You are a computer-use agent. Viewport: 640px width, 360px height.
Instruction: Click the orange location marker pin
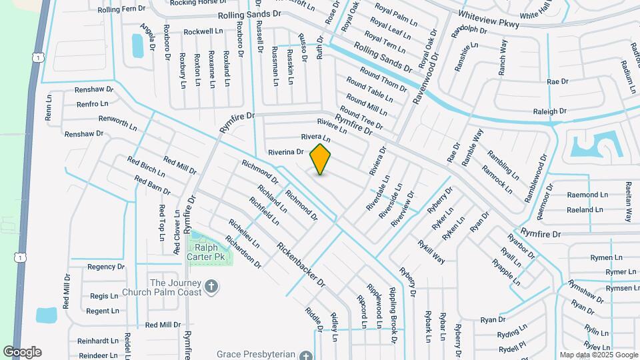(x=321, y=159)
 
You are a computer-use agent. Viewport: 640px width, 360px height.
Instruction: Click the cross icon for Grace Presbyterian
(x=305, y=355)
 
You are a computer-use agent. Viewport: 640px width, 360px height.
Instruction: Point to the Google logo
(x=22, y=351)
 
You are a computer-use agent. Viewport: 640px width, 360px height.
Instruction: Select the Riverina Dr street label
(x=286, y=152)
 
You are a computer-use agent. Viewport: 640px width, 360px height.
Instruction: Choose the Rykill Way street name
(x=431, y=250)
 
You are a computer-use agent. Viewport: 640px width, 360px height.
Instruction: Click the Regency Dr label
(x=106, y=267)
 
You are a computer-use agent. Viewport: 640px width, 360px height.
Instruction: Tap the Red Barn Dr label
(x=152, y=191)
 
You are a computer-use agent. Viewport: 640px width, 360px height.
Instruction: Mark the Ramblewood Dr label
(x=535, y=178)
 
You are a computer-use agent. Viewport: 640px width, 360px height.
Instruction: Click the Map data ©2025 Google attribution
(x=598, y=355)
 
